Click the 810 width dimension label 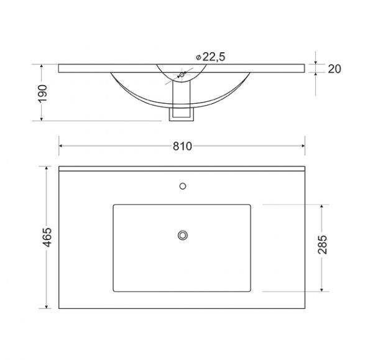tap(182, 146)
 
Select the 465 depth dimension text tap(47, 238)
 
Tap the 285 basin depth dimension tap(323, 244)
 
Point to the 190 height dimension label tap(43, 93)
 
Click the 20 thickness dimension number tap(334, 69)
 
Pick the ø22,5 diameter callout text tap(211, 57)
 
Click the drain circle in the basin tap(183, 235)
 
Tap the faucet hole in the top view tap(183, 186)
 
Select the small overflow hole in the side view tap(182, 75)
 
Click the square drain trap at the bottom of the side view tap(182, 114)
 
